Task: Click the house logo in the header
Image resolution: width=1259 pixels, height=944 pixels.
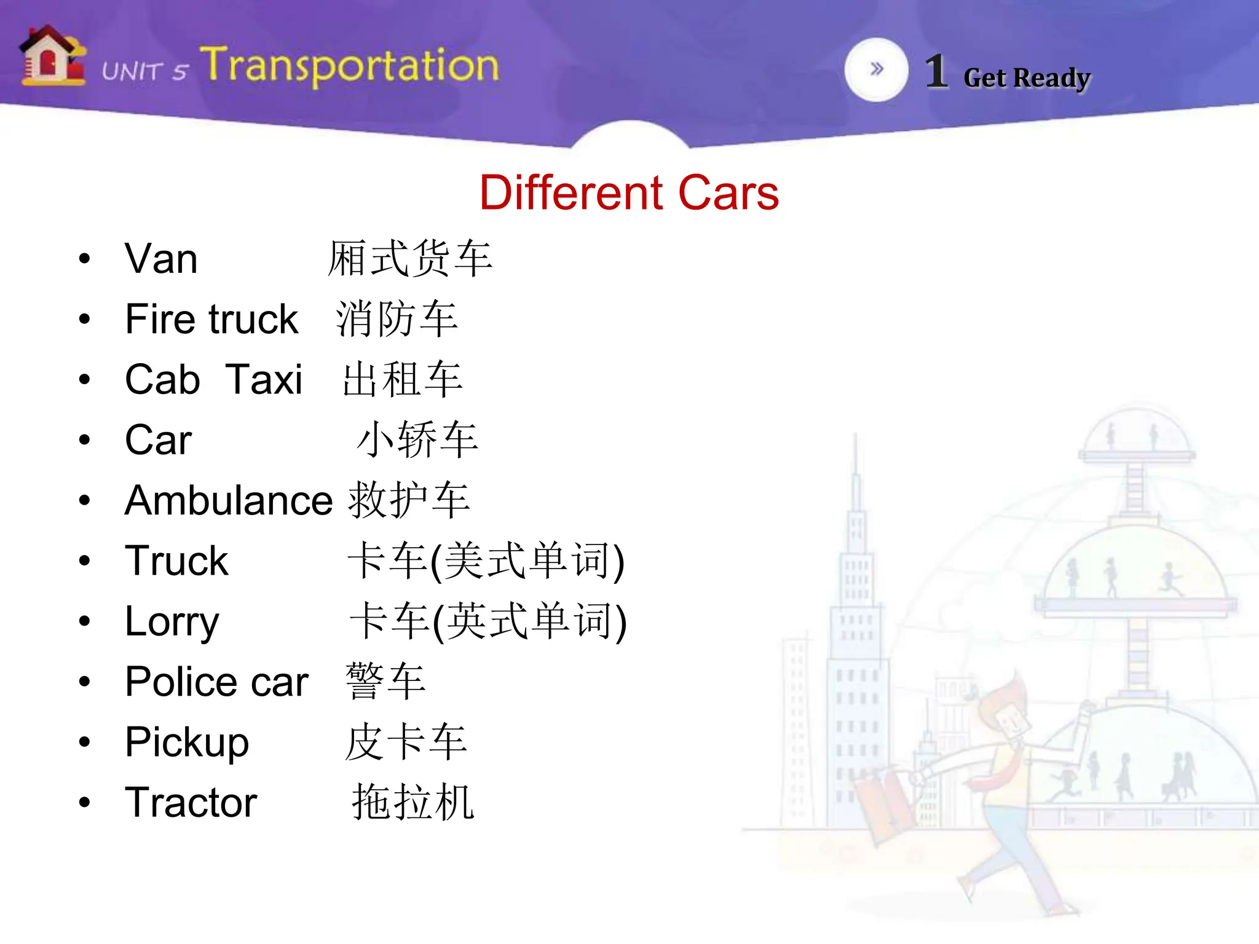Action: [x=52, y=57]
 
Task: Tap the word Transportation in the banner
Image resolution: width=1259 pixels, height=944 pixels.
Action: [x=349, y=65]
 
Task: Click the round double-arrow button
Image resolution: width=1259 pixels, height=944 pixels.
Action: [x=876, y=69]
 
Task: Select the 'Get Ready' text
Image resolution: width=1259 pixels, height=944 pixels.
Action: [x=1027, y=78]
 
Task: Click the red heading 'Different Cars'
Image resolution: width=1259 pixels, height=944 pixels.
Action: [x=629, y=193]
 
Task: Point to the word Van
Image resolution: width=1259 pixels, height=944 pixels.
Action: [x=161, y=259]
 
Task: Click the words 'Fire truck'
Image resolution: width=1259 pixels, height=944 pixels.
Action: [x=211, y=319]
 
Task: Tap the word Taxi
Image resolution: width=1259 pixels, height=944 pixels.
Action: [x=264, y=379]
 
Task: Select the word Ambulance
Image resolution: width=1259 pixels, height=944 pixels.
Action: [x=229, y=500]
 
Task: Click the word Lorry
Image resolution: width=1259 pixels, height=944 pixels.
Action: [x=172, y=621]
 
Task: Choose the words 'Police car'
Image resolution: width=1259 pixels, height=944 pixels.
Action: [x=216, y=682]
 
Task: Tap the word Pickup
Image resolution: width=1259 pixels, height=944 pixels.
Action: [x=187, y=742]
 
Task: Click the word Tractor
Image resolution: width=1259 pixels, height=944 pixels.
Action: [x=191, y=803]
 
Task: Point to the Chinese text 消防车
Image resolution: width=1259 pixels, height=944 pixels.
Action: [x=397, y=319]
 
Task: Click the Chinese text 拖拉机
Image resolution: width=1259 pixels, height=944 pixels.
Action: [x=412, y=803]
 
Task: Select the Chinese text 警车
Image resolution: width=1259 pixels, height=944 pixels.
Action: [x=385, y=682]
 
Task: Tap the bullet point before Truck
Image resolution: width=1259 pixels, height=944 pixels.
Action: [x=85, y=560]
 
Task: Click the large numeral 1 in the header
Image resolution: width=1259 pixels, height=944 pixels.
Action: [x=936, y=72]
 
